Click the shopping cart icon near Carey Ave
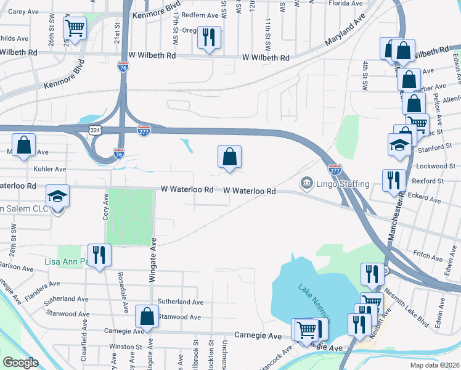[75, 28]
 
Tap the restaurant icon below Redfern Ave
[209, 38]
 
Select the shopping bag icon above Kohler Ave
[23, 146]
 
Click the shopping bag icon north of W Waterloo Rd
[229, 157]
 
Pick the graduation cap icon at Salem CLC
[57, 197]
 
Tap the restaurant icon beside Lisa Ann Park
[98, 254]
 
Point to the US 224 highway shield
[95, 130]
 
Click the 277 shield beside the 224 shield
[144, 131]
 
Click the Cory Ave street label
[105, 208]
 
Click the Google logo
[20, 363]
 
